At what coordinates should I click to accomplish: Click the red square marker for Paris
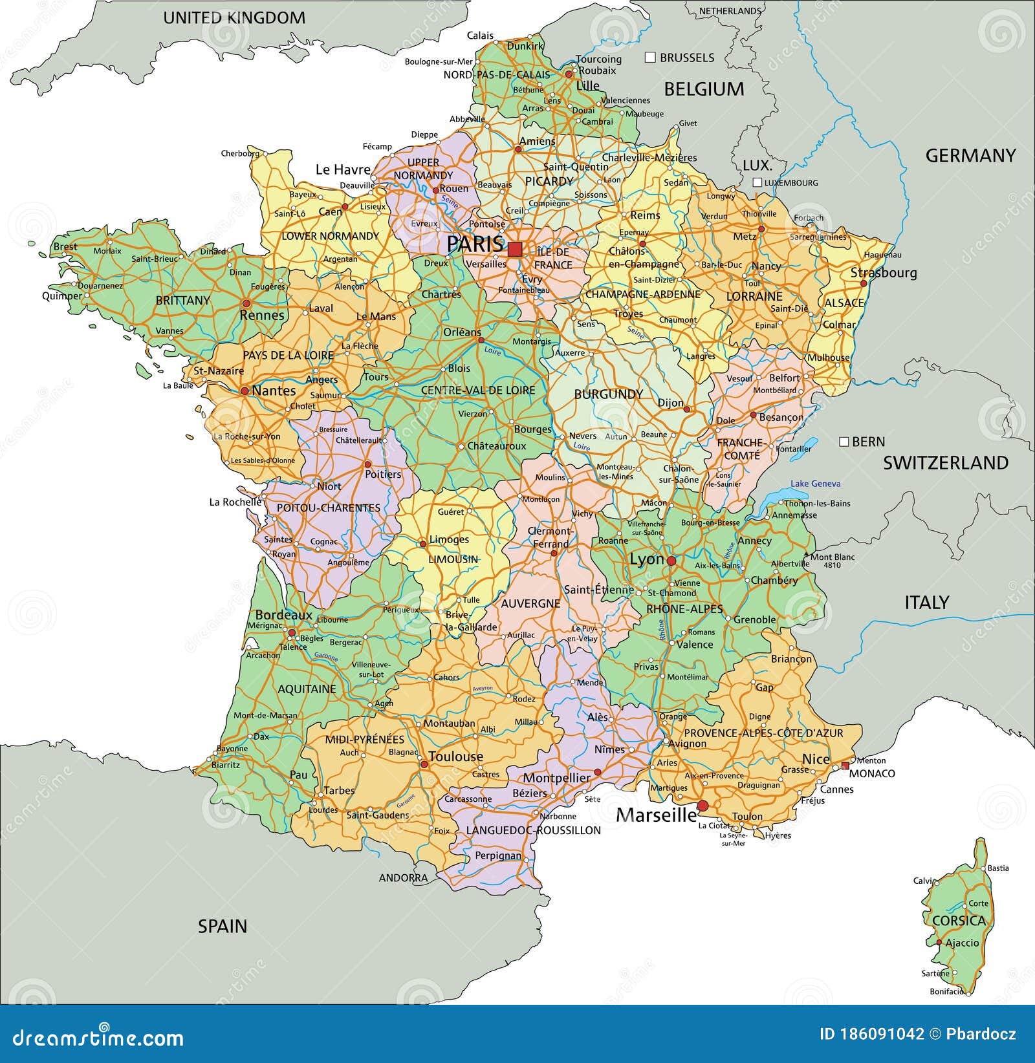point(515,249)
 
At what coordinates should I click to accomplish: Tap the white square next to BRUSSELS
point(651,58)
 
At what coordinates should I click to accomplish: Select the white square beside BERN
point(844,442)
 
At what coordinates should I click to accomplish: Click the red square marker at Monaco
point(845,766)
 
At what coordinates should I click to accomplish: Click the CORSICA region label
point(959,921)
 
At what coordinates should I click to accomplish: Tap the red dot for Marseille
point(703,806)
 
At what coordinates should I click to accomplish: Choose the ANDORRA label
point(403,878)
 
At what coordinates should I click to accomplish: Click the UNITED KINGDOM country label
point(234,18)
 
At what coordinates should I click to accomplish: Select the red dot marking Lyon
point(671,561)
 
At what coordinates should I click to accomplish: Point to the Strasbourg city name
point(883,273)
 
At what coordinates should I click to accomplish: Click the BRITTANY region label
point(183,301)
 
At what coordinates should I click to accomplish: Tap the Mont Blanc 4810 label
point(833,561)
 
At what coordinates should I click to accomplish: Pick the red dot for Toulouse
point(424,764)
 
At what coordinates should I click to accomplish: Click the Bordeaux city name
point(284,615)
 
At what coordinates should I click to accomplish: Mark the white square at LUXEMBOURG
point(757,183)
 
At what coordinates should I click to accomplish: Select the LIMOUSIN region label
point(453,559)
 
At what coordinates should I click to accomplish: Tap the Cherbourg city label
point(240,154)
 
